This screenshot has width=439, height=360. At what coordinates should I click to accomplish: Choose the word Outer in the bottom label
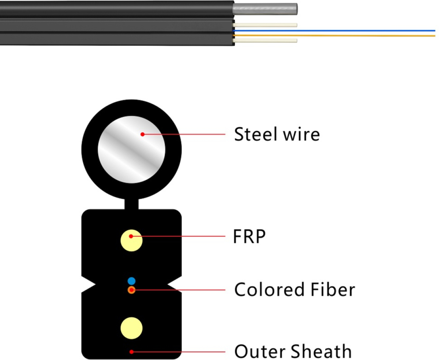coord(258,351)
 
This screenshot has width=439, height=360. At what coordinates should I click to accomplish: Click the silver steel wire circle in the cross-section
coord(131,150)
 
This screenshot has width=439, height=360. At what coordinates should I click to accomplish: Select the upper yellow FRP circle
coord(131,240)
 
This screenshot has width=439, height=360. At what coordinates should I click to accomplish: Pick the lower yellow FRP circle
coord(131,328)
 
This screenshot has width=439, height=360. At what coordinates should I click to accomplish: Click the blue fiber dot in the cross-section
coord(132,281)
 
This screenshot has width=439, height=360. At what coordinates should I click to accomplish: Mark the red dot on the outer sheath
coord(131,352)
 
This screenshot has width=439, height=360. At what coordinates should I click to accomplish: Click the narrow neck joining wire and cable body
coord(131,204)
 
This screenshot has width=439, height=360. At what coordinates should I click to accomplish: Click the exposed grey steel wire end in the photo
coord(265,9)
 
